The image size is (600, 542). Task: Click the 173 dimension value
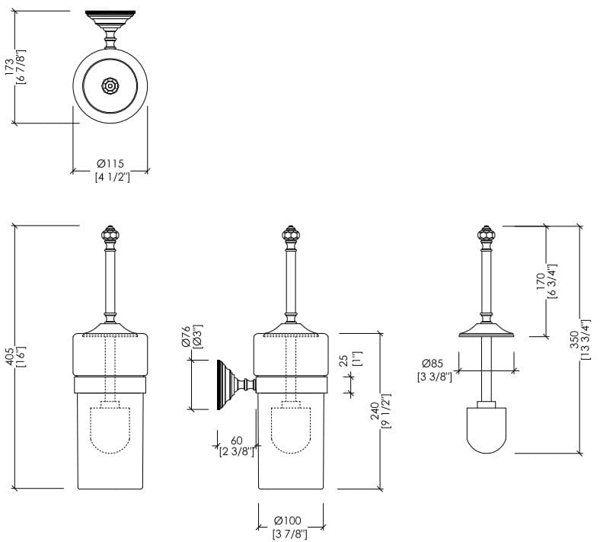10,67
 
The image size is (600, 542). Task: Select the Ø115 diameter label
110,164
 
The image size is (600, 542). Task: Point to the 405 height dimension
10,357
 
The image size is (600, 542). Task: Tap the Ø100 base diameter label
290,521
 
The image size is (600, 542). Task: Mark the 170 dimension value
541,282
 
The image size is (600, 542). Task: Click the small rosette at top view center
111,85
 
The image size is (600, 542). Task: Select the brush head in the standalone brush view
487,431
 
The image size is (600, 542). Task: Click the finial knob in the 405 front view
111,233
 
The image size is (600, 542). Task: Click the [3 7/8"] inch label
290,534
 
